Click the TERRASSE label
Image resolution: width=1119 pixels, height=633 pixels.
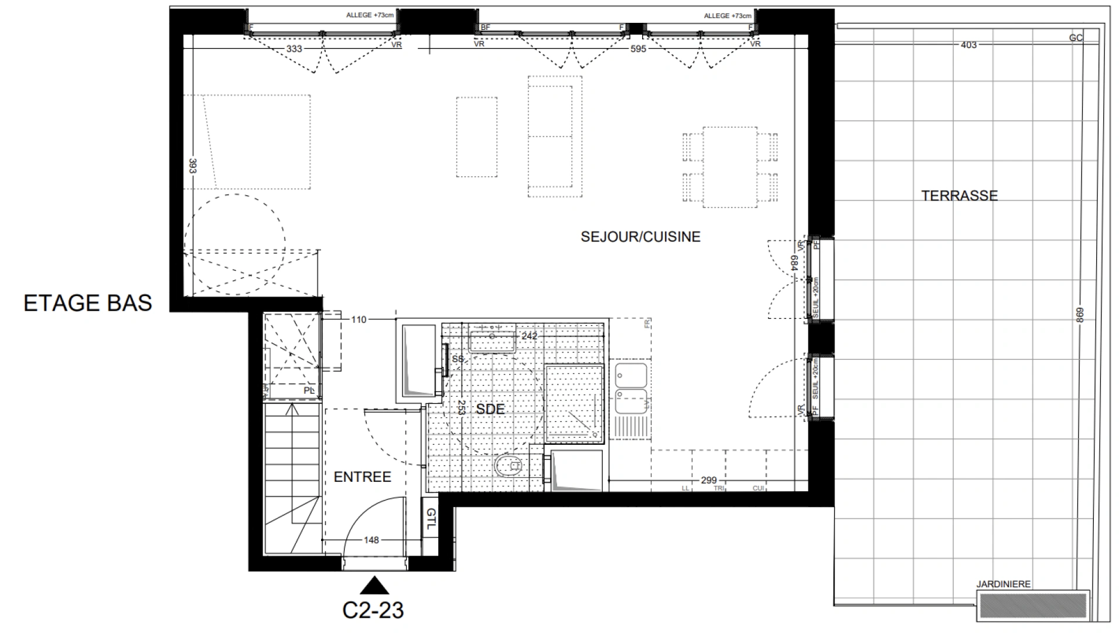pos(959,196)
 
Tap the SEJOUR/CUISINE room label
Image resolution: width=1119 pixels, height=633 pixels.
pos(640,237)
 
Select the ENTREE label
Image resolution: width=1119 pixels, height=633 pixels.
pos(362,477)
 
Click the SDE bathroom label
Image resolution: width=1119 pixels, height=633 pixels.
pos(490,409)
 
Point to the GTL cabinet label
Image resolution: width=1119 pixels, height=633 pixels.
pos(431,519)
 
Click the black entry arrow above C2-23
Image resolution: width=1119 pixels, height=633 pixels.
pos(374,586)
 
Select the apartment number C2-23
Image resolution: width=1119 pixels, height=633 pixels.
pos(373,610)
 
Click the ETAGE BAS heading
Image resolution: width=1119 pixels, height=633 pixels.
pos(88,303)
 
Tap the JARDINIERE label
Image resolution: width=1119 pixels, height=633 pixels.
pos(1003,584)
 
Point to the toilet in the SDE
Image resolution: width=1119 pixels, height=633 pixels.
pos(509,467)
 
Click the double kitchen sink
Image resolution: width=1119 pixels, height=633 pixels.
pos(630,387)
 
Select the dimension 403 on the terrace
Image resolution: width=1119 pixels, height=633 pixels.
pos(968,45)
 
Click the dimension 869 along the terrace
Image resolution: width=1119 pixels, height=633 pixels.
pos(1080,315)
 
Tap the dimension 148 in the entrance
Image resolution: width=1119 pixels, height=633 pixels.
pos(371,540)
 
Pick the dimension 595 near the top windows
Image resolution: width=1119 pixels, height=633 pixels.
pos(638,49)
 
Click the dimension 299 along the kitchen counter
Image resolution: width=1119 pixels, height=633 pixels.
pos(708,481)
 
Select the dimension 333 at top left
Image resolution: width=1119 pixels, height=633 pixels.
pos(294,49)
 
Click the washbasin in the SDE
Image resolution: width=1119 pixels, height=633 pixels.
pos(492,341)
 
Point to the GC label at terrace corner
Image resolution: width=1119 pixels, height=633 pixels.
pos(1076,38)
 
